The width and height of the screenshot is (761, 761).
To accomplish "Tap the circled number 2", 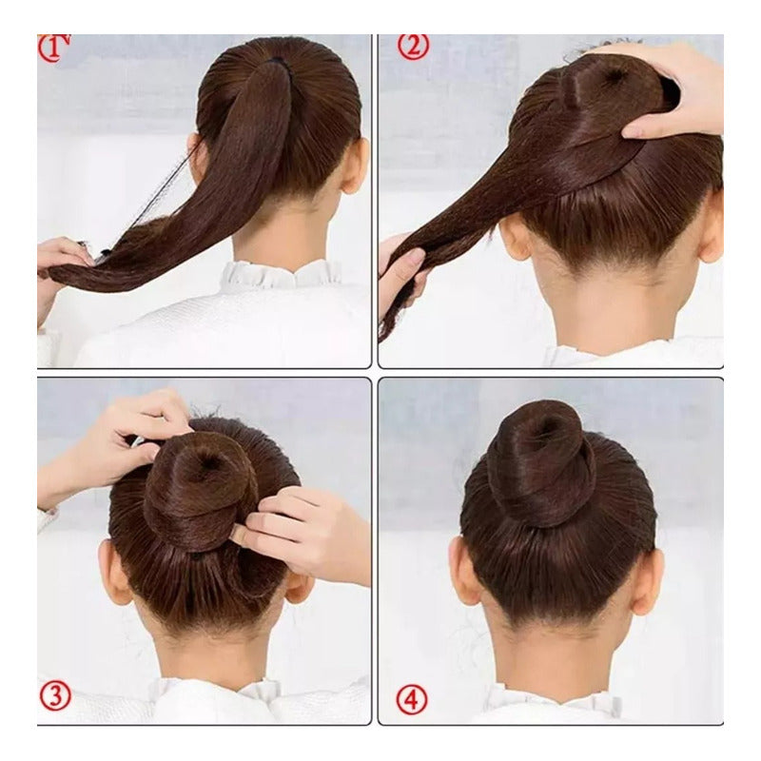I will [x=412, y=45].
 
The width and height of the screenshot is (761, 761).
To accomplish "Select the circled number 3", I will [x=54, y=695].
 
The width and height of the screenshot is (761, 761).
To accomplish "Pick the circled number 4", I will [x=411, y=700].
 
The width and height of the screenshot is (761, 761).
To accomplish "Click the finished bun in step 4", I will [x=540, y=461].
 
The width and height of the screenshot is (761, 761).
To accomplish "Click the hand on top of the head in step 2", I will [x=675, y=90].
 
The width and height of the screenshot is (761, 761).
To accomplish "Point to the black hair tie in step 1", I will [x=277, y=61].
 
